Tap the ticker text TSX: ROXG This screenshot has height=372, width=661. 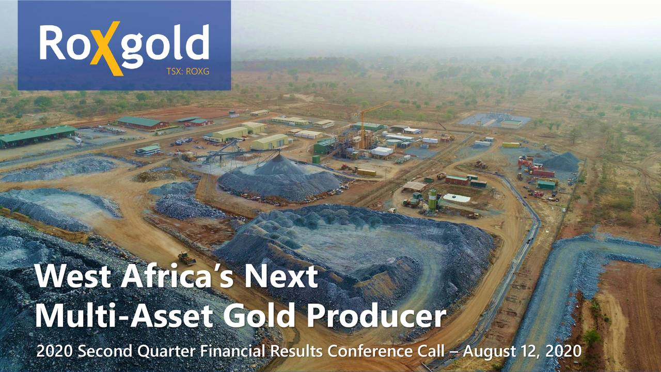(x=187, y=72)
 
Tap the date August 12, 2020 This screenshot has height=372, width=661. (x=522, y=351)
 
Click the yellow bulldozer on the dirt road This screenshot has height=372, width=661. (x=186, y=258)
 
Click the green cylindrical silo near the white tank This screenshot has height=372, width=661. (x=432, y=198)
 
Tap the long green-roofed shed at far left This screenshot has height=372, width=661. (x=37, y=135)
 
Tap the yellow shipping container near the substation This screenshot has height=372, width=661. (x=511, y=145)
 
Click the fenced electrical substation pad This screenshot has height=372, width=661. (x=494, y=120)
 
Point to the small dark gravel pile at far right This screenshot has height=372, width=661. (x=562, y=162)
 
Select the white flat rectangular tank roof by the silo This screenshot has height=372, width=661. (x=457, y=198)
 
